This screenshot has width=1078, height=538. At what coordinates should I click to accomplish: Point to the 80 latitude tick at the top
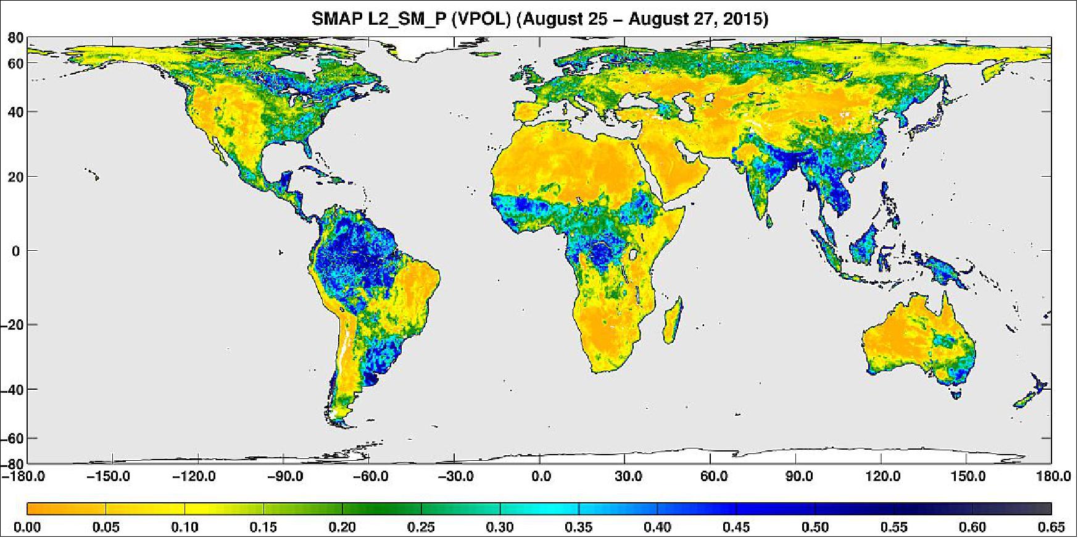coord(15,38)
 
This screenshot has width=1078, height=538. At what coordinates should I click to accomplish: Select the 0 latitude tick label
coord(15,251)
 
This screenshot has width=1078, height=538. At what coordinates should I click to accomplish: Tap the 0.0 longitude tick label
coord(541,477)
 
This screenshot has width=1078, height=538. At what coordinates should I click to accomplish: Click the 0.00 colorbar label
coord(27,527)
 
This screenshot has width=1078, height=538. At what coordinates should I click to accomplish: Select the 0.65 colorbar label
coord(1052,527)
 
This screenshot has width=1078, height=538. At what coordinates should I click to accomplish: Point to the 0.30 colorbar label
coord(500,527)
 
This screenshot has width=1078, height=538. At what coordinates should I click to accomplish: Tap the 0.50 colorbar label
coord(815,527)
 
